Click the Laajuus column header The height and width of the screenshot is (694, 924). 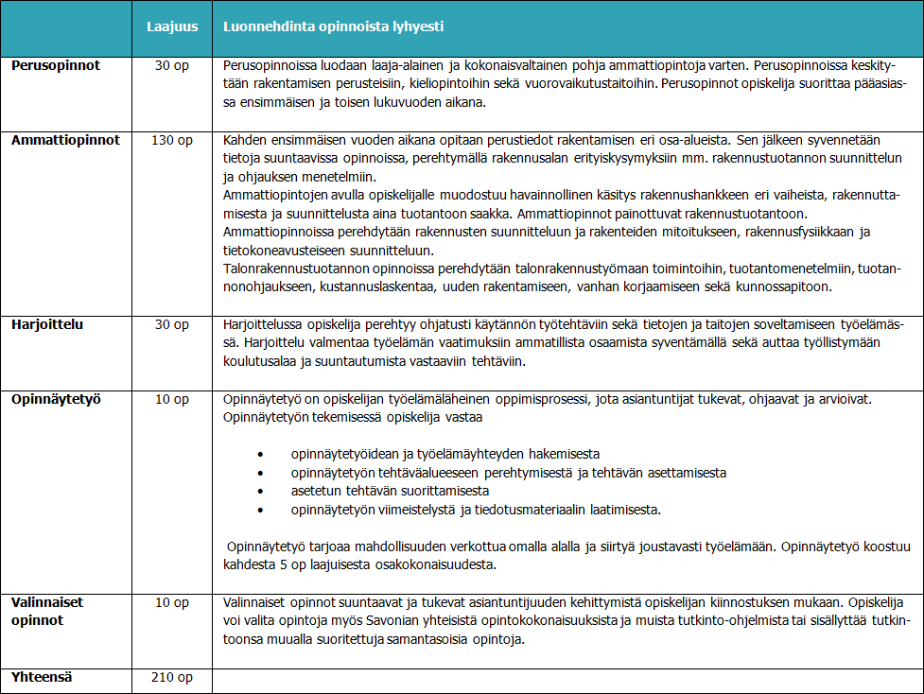(172, 26)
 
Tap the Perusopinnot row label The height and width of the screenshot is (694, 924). (56, 66)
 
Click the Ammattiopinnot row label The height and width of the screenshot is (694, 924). (65, 140)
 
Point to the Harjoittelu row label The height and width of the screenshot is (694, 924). (47, 324)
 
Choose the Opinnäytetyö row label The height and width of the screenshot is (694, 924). (57, 398)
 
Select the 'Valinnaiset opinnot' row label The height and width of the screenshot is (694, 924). (47, 611)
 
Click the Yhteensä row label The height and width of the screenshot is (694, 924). (43, 677)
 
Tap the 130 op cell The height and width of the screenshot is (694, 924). (172, 140)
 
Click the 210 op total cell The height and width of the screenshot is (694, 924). (172, 677)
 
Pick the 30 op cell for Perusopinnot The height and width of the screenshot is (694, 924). (172, 66)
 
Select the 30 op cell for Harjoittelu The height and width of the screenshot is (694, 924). (172, 324)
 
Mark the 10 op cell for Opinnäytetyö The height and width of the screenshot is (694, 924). (172, 398)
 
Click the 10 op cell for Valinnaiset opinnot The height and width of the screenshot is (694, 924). (172, 602)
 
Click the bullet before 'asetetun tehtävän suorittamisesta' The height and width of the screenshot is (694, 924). (247, 492)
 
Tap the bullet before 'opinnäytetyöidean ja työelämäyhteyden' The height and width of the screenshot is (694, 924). (247, 454)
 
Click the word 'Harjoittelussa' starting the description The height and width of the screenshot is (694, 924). (262, 324)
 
